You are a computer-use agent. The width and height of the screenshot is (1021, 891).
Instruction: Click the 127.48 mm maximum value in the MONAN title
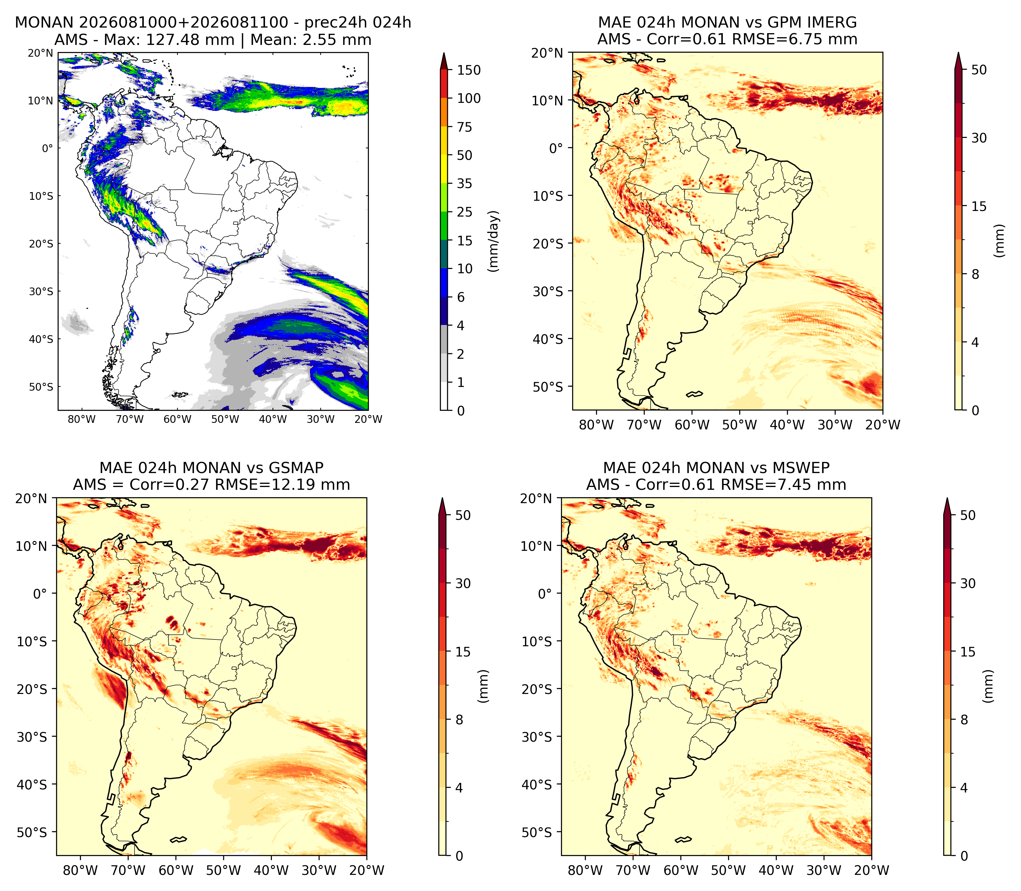point(189,40)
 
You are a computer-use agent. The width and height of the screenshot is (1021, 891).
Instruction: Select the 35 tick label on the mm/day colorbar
point(465,183)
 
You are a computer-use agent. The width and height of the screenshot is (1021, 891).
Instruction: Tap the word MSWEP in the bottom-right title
point(801,468)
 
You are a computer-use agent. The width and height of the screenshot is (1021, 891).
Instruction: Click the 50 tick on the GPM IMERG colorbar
point(979,70)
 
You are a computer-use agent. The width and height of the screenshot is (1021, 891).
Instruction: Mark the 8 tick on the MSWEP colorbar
point(964,720)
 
